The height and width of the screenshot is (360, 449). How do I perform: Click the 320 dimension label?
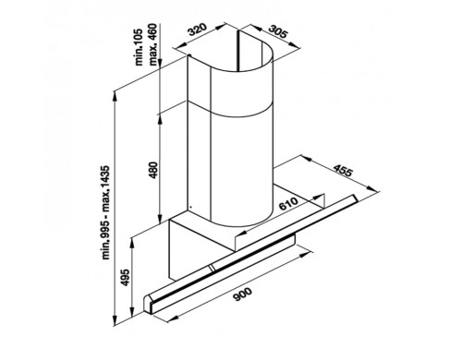197,30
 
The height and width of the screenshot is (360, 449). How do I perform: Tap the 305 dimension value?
278,31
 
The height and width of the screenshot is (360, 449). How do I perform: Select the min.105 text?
140,47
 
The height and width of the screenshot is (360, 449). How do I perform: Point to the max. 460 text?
153,44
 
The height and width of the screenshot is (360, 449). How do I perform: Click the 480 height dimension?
153,170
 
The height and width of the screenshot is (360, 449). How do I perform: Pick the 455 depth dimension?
343,171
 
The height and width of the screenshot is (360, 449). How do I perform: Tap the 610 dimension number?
288,204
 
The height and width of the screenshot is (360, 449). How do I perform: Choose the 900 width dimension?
243,294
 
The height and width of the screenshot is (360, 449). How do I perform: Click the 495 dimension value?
126,278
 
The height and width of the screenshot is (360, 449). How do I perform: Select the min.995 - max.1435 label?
106,213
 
